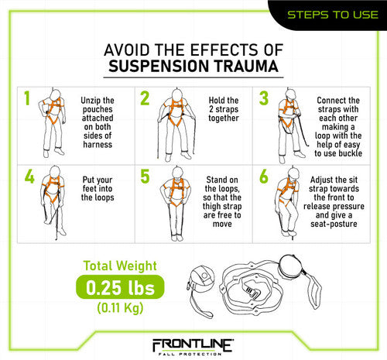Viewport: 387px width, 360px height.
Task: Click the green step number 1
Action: pyautogui.click(x=27, y=99)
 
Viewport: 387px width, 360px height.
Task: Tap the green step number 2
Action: pyautogui.click(x=145, y=99)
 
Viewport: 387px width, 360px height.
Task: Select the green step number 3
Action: pyautogui.click(x=264, y=99)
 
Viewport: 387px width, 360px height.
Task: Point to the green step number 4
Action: pyautogui.click(x=29, y=177)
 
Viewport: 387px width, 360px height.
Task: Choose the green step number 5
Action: pyautogui.click(x=145, y=177)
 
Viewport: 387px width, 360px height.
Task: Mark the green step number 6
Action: pyautogui.click(x=264, y=177)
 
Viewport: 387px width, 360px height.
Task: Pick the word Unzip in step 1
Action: pyautogui.click(x=96, y=101)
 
